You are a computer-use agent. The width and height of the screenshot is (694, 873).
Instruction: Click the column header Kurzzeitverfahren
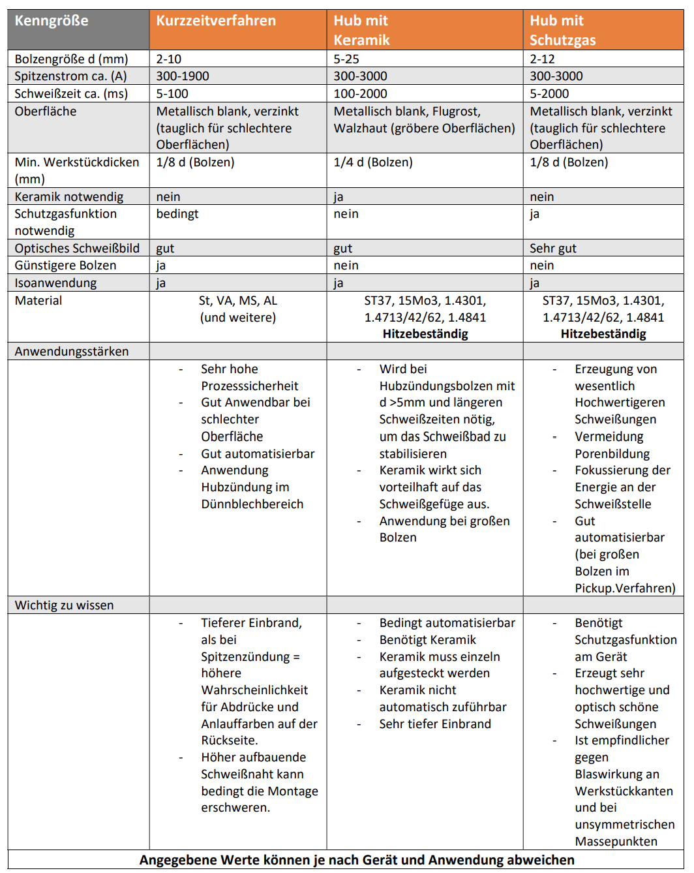pyautogui.click(x=216, y=21)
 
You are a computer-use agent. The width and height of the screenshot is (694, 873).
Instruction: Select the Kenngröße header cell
pyautogui.click(x=52, y=21)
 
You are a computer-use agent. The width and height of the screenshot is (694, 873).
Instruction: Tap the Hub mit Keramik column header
pyautogui.click(x=361, y=30)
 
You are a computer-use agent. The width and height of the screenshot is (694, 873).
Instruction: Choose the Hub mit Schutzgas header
pyautogui.click(x=562, y=30)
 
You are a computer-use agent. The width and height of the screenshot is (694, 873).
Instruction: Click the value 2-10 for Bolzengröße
pyautogui.click(x=169, y=59)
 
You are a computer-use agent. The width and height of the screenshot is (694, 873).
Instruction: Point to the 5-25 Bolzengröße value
pyautogui.click(x=346, y=59)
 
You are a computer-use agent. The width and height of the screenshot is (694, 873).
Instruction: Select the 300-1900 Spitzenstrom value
pyautogui.click(x=183, y=76)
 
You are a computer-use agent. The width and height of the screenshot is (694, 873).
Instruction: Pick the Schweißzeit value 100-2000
pyautogui.click(x=360, y=94)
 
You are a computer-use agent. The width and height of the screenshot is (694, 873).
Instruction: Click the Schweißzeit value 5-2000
pyautogui.click(x=549, y=94)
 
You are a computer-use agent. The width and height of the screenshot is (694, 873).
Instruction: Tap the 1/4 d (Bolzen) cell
pyautogui.click(x=373, y=162)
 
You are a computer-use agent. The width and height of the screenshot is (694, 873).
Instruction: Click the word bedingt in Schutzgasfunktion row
pyautogui.click(x=177, y=214)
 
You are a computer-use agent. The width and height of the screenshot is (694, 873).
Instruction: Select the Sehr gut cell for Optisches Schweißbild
pyautogui.click(x=553, y=249)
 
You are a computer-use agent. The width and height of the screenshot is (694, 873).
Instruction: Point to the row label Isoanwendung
pyautogui.click(x=55, y=283)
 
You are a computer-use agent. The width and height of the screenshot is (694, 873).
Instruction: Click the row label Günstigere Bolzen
pyautogui.click(x=65, y=266)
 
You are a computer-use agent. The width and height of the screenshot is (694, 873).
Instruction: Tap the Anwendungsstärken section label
pyautogui.click(x=72, y=352)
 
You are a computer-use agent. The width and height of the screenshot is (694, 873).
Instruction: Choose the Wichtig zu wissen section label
pyautogui.click(x=64, y=605)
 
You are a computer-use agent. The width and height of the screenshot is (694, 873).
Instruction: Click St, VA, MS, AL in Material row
pyautogui.click(x=238, y=301)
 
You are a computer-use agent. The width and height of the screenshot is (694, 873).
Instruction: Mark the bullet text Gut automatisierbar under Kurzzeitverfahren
pyautogui.click(x=258, y=454)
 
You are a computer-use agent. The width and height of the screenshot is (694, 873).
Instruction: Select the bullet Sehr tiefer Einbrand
pyautogui.click(x=435, y=724)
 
